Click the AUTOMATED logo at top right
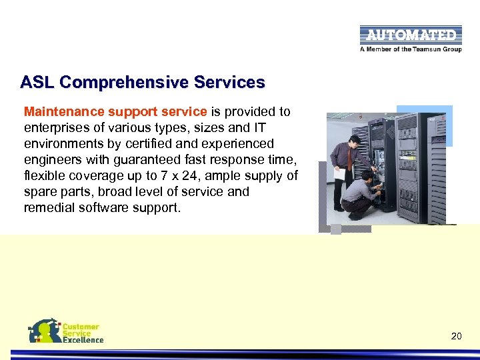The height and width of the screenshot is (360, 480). (x=410, y=35)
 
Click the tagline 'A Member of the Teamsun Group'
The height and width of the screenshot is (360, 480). (x=410, y=49)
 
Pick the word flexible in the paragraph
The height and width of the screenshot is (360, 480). (x=45, y=175)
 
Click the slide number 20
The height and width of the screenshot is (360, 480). (x=456, y=336)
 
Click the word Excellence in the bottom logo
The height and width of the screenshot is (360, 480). (x=83, y=340)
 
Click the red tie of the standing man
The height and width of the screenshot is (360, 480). (x=349, y=159)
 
